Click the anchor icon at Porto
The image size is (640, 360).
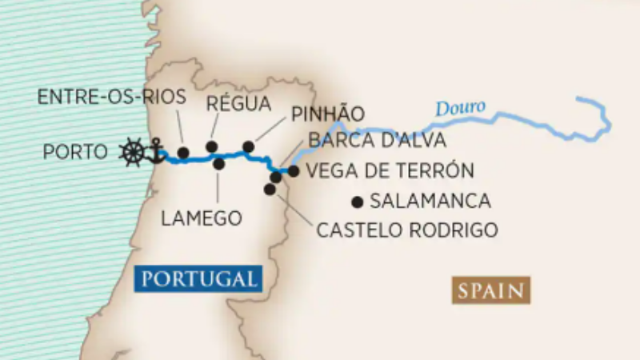[x=155, y=151]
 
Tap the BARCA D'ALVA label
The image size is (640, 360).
[x=377, y=141]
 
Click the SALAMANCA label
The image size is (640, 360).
[x=430, y=201]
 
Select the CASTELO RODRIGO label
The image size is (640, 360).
[x=407, y=230]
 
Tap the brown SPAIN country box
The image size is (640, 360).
[x=491, y=290]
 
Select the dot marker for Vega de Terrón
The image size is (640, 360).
[x=294, y=170]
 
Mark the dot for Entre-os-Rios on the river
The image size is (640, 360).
[x=183, y=152]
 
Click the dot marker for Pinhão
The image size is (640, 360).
[x=248, y=146]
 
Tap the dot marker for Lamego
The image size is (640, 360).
[x=218, y=163]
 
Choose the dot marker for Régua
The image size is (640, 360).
[x=211, y=146]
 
